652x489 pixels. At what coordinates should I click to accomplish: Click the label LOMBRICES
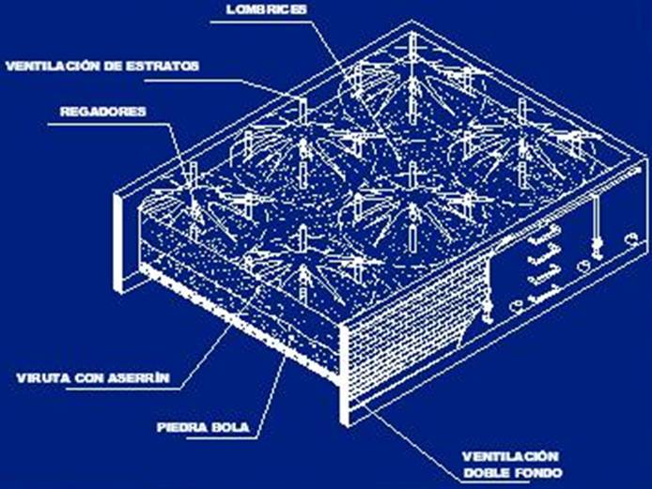click(267, 9)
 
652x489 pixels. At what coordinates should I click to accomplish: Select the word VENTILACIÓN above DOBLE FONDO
click(510, 456)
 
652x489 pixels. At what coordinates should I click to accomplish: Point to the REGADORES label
click(103, 112)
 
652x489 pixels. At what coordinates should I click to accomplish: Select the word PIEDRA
click(182, 427)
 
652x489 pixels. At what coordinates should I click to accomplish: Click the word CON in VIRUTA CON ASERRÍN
click(89, 378)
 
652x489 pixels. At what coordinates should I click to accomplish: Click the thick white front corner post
click(344, 374)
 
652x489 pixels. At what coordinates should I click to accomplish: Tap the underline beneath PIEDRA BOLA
click(204, 437)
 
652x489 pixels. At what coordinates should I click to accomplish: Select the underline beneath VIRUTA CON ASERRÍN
click(123, 390)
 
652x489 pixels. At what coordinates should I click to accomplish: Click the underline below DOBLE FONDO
click(495, 482)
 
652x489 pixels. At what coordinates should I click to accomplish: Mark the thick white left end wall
click(119, 243)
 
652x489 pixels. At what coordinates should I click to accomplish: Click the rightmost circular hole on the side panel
click(632, 239)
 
